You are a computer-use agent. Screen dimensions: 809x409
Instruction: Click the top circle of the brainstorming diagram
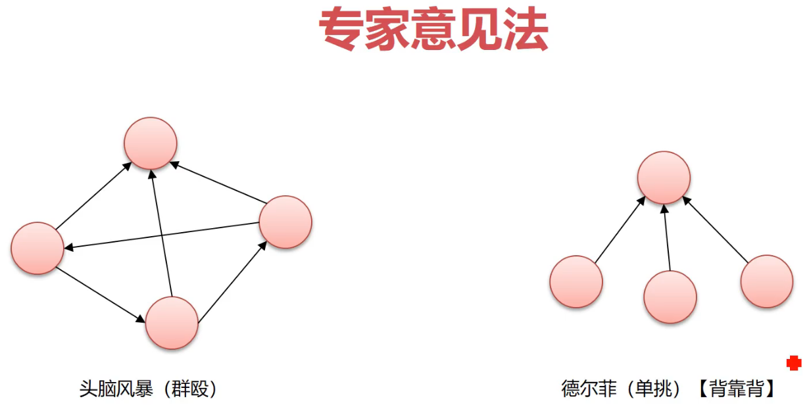click(x=151, y=143)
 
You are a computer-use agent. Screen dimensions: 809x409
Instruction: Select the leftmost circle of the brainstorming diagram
click(x=37, y=248)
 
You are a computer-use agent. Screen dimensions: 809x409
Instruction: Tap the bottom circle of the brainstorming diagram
click(x=172, y=323)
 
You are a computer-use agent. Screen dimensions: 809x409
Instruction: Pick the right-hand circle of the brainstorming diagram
click(x=285, y=222)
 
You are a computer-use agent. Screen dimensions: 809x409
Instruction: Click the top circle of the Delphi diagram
click(x=664, y=178)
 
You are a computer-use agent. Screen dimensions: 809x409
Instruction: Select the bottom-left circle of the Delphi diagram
click(x=576, y=281)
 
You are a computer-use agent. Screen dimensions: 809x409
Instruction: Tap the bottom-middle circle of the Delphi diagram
click(x=670, y=297)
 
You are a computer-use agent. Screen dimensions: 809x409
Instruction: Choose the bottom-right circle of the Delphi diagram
click(x=766, y=281)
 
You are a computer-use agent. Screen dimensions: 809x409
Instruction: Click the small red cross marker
click(x=794, y=362)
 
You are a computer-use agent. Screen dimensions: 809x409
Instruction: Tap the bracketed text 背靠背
click(x=736, y=389)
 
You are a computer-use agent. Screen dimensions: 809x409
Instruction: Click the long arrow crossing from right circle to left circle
click(x=161, y=235)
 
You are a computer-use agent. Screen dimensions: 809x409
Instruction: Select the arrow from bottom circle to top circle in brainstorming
click(x=161, y=233)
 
